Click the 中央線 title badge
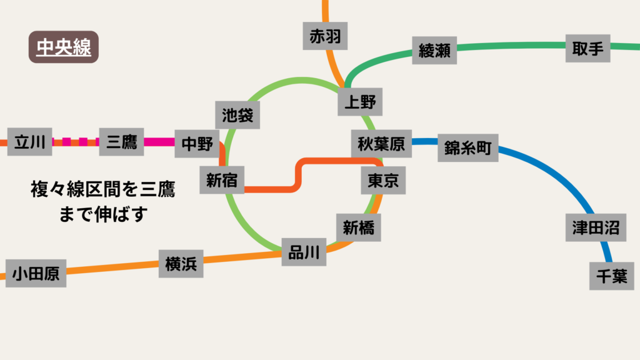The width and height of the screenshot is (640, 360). (x=64, y=47)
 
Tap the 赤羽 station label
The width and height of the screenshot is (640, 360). (x=325, y=37)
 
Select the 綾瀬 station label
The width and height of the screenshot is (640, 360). (x=434, y=50)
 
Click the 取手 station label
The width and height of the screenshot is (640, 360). (x=587, y=48)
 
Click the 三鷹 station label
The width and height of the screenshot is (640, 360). (x=122, y=142)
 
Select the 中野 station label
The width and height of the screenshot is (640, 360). (x=197, y=144)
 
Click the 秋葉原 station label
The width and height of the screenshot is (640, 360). (x=381, y=144)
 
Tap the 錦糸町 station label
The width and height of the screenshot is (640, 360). (x=468, y=148)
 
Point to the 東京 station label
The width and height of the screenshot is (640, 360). (x=383, y=180)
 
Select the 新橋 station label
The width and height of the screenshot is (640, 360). (x=359, y=228)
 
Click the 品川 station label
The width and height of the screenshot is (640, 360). (x=304, y=252)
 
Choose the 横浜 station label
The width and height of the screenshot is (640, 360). (x=181, y=264)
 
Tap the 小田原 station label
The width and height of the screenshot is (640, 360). (x=36, y=274)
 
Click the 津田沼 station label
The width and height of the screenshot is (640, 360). (x=596, y=227)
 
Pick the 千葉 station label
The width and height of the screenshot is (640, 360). (x=611, y=276)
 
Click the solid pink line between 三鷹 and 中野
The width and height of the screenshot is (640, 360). (x=159, y=142)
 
